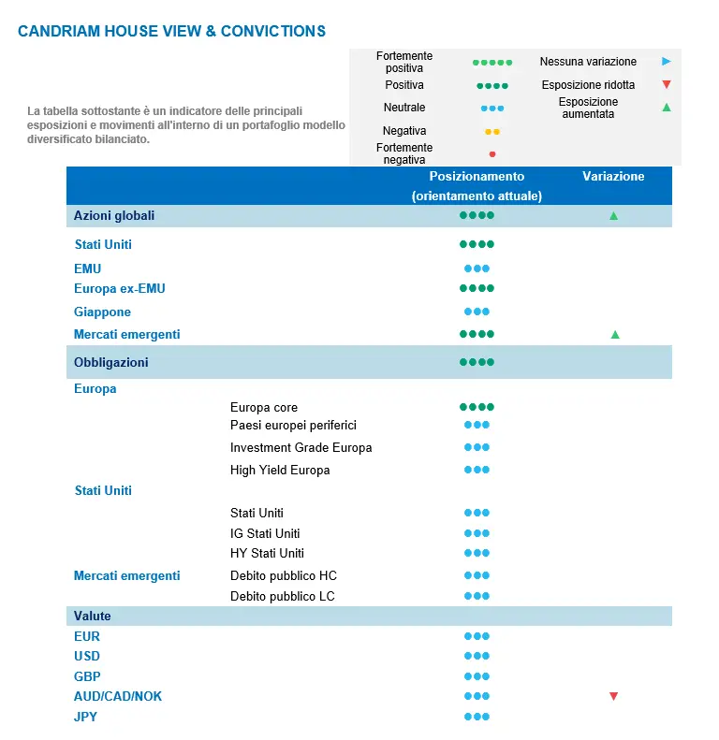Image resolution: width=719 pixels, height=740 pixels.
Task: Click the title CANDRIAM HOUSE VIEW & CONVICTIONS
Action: click(x=171, y=31)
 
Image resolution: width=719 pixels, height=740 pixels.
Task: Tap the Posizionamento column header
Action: click(x=477, y=176)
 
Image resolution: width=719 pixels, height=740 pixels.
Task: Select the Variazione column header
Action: click(x=613, y=176)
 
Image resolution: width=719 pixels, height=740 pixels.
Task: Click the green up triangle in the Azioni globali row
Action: click(x=613, y=216)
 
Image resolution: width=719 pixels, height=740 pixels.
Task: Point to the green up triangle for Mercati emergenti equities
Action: click(x=615, y=334)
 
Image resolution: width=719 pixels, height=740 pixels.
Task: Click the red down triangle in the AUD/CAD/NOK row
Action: click(x=613, y=696)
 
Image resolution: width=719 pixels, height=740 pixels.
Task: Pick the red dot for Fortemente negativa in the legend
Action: click(x=492, y=154)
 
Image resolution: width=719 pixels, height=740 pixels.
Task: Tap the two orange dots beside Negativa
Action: click(x=492, y=132)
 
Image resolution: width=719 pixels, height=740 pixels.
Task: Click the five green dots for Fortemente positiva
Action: click(x=492, y=63)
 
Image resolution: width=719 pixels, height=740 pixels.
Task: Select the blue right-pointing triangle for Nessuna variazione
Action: click(x=666, y=62)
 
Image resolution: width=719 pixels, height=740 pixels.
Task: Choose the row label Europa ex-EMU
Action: click(x=120, y=288)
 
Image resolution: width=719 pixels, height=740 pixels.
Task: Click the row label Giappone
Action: click(x=103, y=312)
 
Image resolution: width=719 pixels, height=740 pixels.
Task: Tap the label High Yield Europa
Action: click(x=280, y=470)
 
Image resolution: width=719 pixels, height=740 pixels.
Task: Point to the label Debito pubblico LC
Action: click(x=283, y=596)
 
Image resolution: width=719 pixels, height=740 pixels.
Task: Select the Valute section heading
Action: click(x=93, y=616)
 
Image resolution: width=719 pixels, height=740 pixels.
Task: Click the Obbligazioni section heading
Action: click(x=111, y=362)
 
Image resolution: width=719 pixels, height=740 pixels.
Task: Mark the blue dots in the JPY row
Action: click(x=477, y=717)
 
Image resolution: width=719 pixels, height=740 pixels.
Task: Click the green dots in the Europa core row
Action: click(x=477, y=407)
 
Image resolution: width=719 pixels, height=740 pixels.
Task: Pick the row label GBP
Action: click(x=87, y=675)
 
